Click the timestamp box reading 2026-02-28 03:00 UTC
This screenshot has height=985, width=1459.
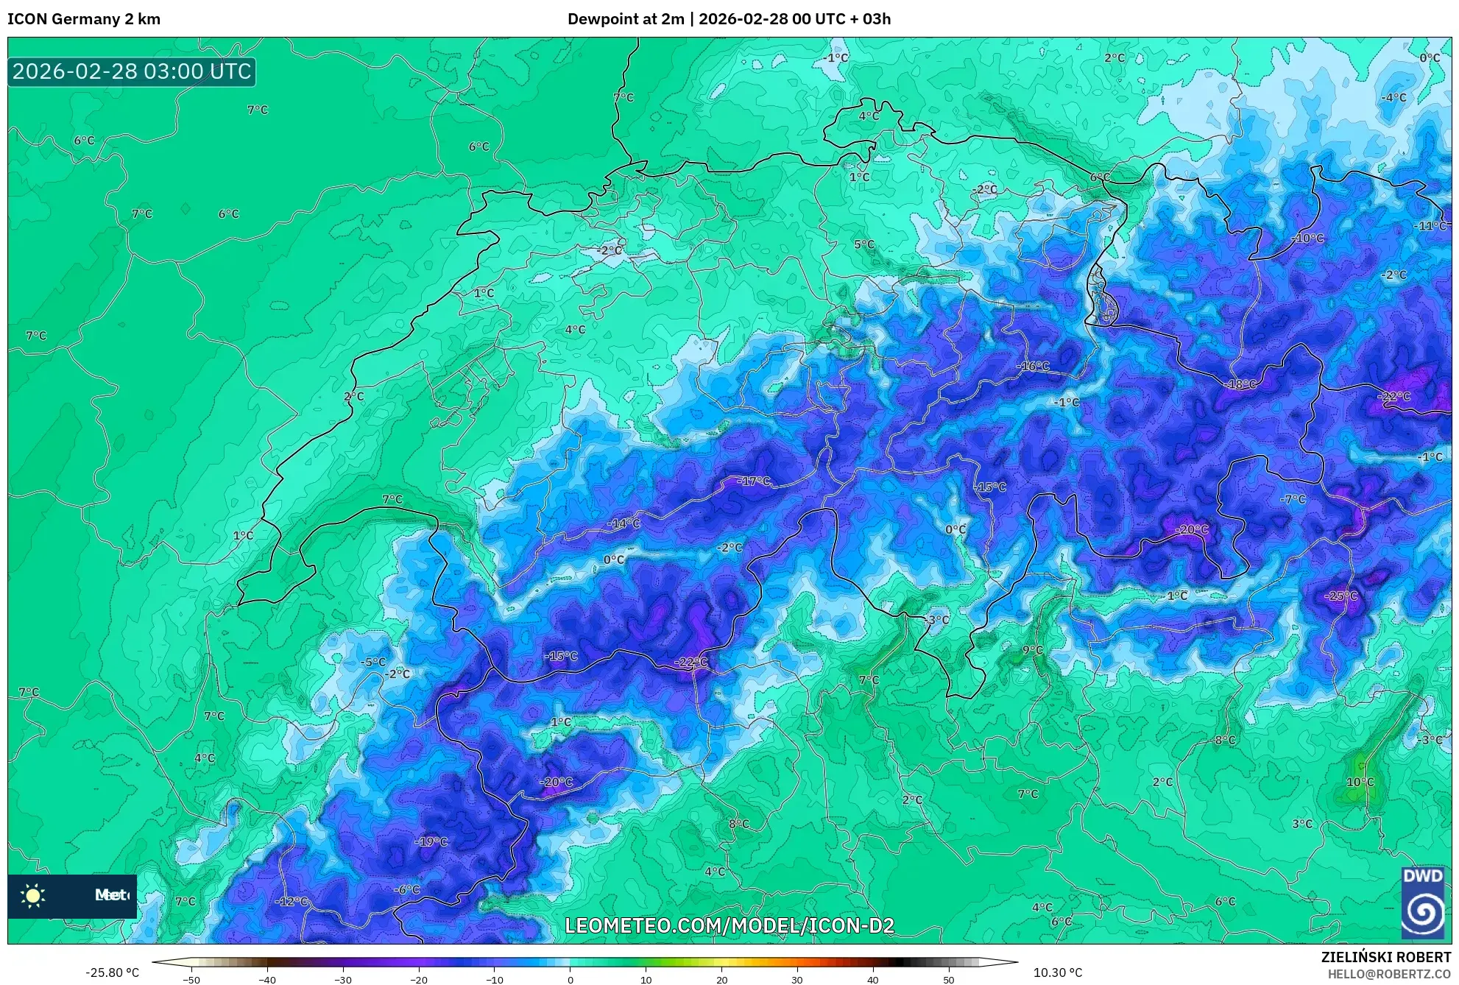[132, 71]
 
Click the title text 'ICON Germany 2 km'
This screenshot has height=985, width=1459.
[84, 19]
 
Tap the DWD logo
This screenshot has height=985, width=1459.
[1422, 904]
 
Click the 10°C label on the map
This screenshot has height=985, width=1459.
[1360, 782]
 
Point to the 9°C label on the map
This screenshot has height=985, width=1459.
[1032, 650]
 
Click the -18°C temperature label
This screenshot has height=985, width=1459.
[1241, 384]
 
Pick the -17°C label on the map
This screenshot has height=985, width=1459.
[755, 481]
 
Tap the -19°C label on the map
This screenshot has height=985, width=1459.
[431, 841]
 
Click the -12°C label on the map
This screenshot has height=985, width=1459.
[292, 902]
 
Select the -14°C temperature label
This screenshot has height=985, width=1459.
[624, 523]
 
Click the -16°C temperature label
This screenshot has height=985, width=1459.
[1034, 366]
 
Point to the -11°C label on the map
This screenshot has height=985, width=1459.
[1431, 226]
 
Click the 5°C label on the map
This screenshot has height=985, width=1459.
[864, 244]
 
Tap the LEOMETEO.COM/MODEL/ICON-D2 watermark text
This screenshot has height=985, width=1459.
[729, 925]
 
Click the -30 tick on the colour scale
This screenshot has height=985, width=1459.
[343, 979]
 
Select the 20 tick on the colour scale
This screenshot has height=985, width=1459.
[721, 979]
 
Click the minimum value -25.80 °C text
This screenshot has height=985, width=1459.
[112, 972]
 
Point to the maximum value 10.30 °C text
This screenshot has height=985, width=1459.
[1058, 972]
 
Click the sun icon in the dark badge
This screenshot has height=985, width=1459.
[33, 895]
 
